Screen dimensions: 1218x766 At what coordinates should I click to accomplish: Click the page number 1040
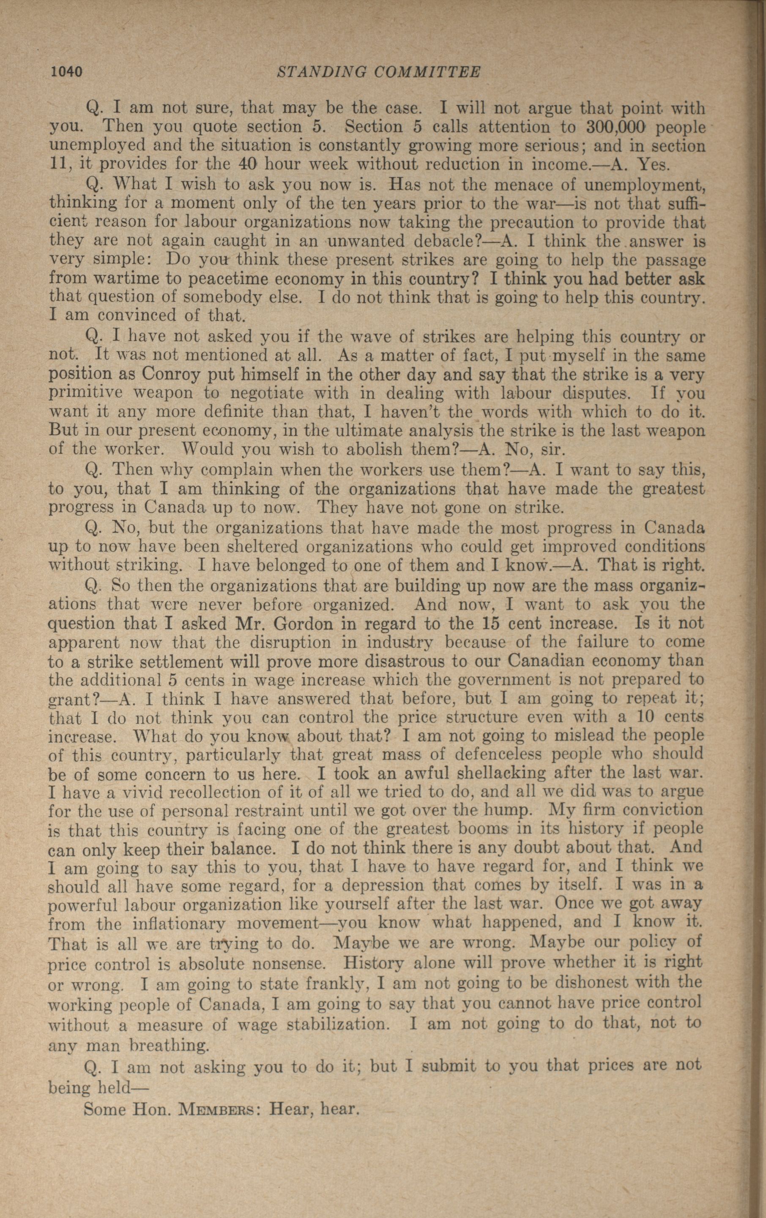pyautogui.click(x=66, y=72)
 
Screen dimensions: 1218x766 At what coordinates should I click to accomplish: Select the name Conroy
pyautogui.click(x=167, y=375)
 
